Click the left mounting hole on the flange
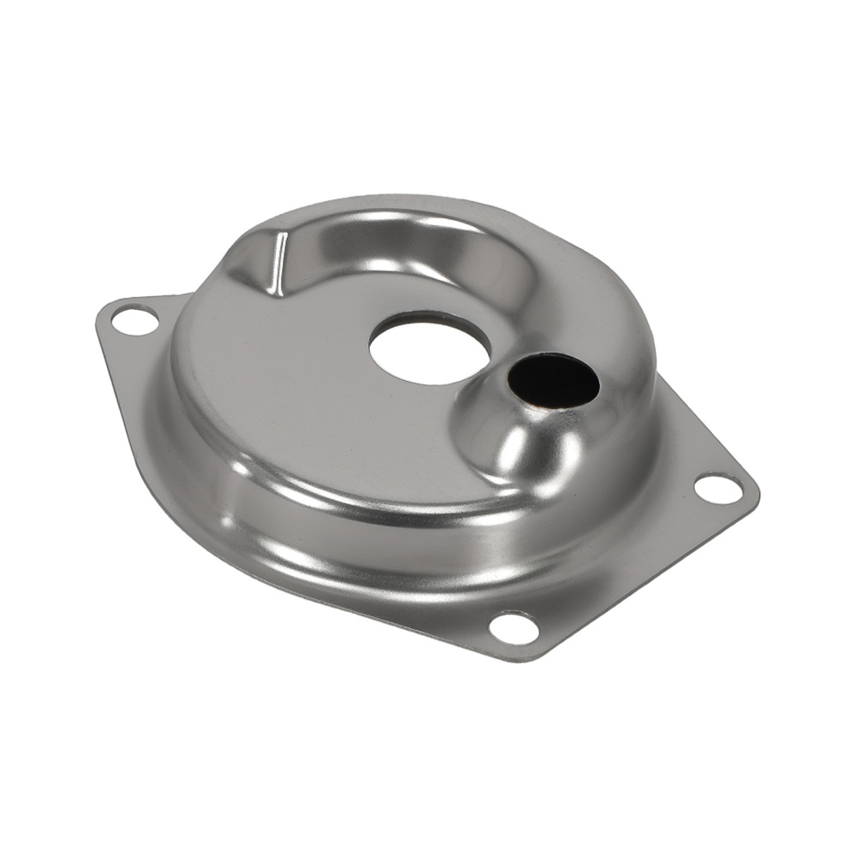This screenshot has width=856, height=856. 135,323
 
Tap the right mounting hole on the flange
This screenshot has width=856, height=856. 717,488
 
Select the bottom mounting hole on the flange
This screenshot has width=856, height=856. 514,627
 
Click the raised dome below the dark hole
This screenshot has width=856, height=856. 522,445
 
